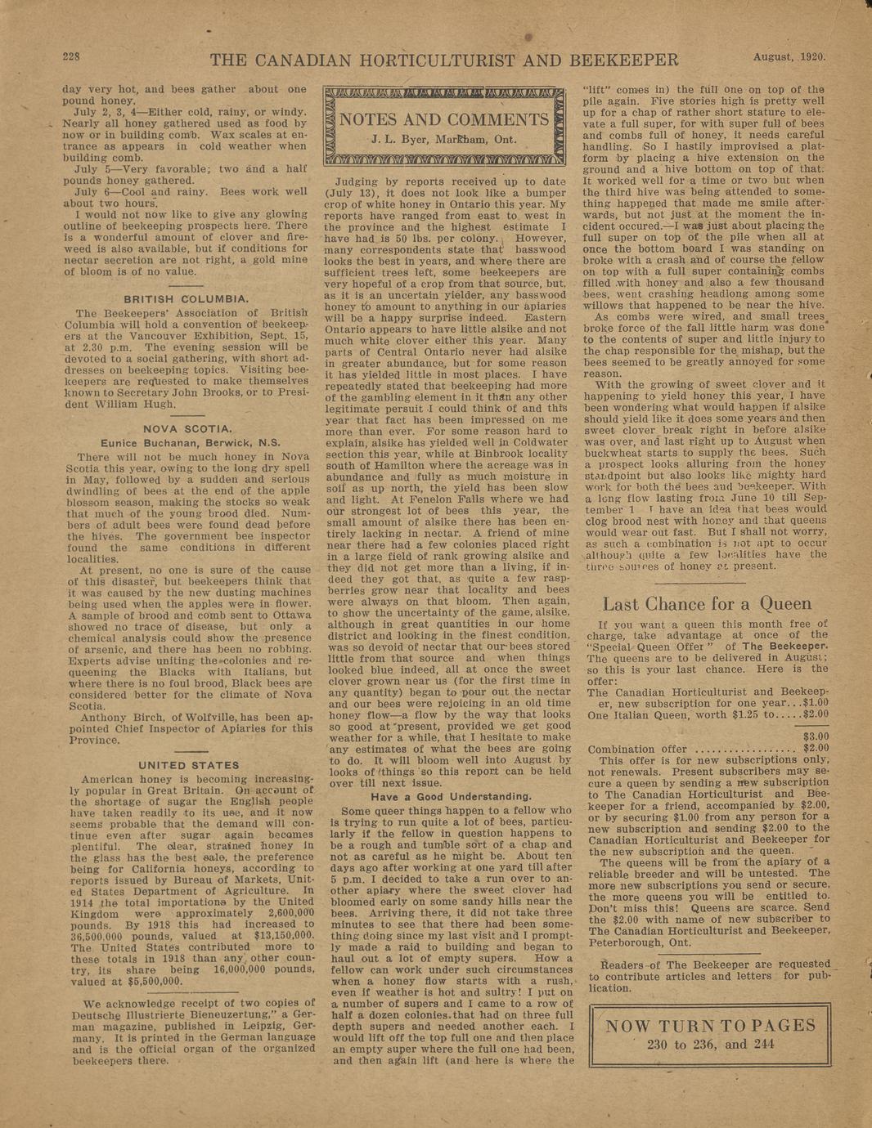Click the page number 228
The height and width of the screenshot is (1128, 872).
click(x=70, y=56)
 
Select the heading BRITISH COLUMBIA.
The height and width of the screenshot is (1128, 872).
click(x=186, y=299)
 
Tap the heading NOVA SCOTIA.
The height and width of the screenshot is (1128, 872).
click(x=187, y=428)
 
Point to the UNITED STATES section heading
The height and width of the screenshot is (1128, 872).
click(x=188, y=765)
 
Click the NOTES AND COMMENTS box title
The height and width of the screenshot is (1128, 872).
click(x=444, y=120)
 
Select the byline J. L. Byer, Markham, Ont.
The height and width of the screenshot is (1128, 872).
click(x=444, y=140)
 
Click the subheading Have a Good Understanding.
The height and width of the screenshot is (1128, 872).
click(x=451, y=796)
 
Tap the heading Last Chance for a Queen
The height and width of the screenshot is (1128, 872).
click(x=707, y=604)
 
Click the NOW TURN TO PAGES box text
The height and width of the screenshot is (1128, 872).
click(x=708, y=1026)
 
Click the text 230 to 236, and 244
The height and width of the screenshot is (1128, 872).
click(x=708, y=1044)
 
